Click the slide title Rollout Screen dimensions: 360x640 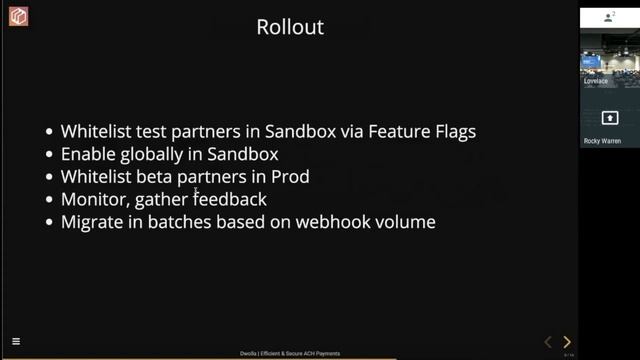(290, 27)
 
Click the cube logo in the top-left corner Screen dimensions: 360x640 (18, 17)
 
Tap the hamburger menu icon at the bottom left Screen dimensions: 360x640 (16, 342)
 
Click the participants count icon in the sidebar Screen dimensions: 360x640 (609, 18)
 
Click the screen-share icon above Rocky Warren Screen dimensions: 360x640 (609, 118)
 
